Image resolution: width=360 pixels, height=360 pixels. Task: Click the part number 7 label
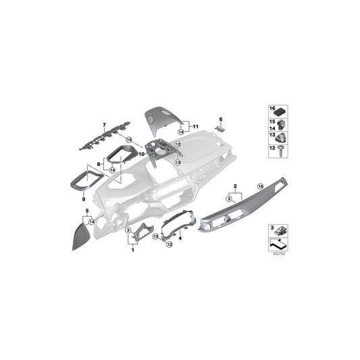pos(105,126)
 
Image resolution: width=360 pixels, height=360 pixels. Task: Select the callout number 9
pos(84,199)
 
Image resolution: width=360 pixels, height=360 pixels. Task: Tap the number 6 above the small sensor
pos(220,118)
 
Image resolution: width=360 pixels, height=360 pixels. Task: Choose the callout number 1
pos(132,250)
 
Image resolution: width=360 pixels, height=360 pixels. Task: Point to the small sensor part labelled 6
pos(220,127)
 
